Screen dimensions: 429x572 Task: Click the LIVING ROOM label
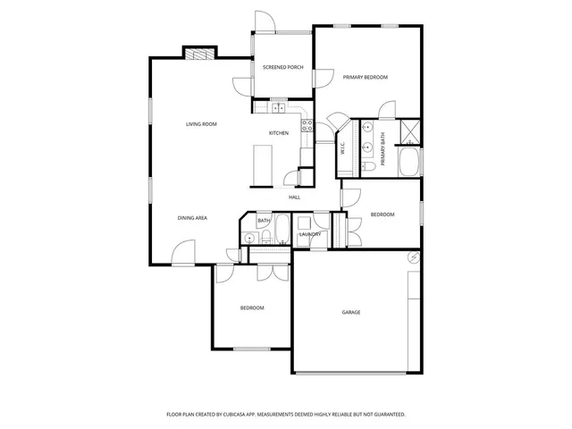[201, 123]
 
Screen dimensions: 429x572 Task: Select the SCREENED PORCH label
[282, 68]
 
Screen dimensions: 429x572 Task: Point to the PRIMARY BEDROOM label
[366, 78]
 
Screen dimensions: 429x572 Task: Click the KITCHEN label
[279, 133]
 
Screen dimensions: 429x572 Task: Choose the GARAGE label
[351, 312]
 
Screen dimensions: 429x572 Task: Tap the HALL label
[294, 197]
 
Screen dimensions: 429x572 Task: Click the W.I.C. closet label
[343, 150]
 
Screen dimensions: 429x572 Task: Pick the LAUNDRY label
[309, 234]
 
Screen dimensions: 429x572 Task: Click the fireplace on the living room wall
[200, 54]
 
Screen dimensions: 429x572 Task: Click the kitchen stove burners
[307, 125]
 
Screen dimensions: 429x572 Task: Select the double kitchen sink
[277, 108]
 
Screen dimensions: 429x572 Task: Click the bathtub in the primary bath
[409, 162]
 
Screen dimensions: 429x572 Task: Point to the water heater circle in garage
[413, 257]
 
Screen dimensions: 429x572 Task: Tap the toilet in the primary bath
[367, 167]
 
